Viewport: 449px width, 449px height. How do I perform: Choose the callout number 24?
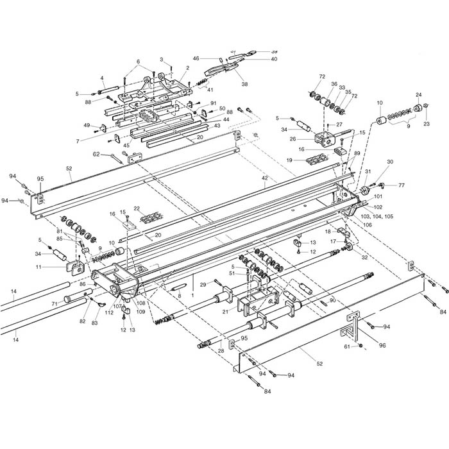pos(418,94)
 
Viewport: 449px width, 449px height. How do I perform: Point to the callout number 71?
pos(55,303)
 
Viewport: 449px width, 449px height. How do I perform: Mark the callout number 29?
pos(202,284)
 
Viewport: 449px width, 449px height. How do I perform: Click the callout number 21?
pos(224,311)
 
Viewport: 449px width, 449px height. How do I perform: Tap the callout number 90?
pos(333,300)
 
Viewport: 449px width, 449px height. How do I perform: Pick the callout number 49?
pos(87,125)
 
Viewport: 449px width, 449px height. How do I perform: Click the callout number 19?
pos(289,159)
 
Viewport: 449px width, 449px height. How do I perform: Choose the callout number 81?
pos(59,232)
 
